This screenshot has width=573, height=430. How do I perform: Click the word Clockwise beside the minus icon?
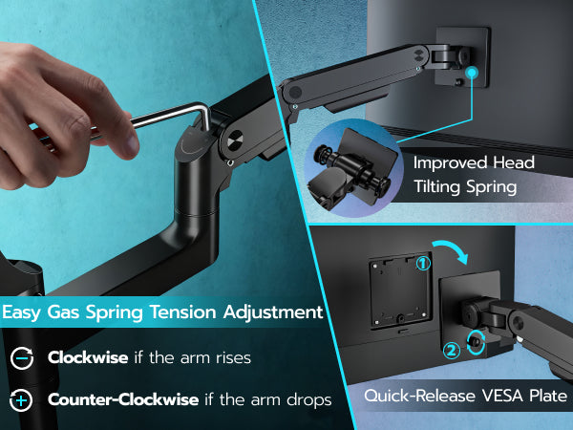tap(88, 357)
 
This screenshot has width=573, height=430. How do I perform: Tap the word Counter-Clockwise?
tap(123, 399)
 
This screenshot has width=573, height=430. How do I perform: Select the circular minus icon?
tap(22, 358)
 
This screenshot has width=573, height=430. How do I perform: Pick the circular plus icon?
tap(21, 400)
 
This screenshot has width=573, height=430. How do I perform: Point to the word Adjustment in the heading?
tap(273, 312)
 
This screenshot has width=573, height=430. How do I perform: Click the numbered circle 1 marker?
tap(423, 264)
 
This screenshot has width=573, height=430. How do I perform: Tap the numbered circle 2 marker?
tap(452, 351)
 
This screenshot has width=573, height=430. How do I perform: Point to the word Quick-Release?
tap(420, 396)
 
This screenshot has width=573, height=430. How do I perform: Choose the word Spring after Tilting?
tap(492, 187)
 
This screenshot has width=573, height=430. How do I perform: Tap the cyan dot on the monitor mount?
tap(472, 73)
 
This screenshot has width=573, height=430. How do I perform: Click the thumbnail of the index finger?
tap(129, 143)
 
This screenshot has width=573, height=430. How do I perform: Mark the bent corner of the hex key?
tap(205, 109)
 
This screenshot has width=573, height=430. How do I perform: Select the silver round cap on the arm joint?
tap(235, 141)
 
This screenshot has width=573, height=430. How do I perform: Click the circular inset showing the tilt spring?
tap(353, 168)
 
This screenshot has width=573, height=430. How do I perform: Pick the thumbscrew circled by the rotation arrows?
tap(474, 342)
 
